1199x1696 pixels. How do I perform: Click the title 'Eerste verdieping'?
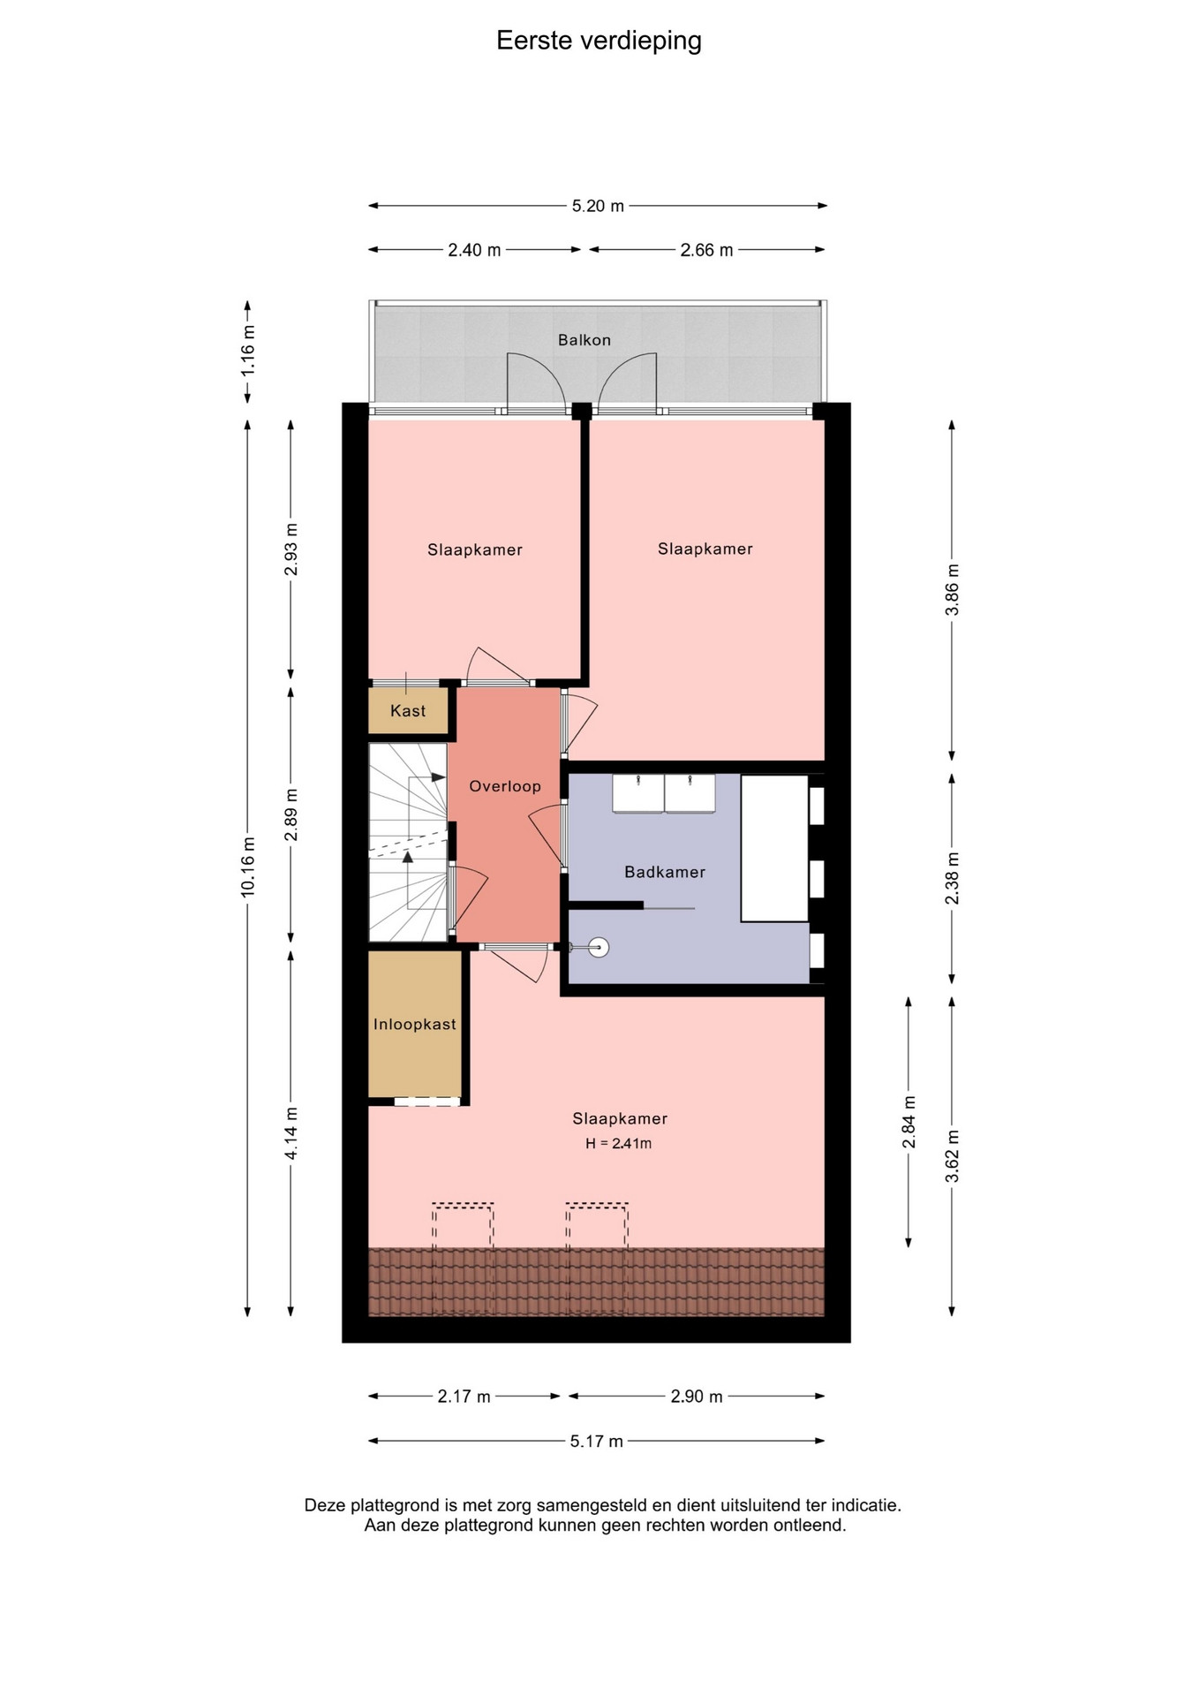[x=599, y=41]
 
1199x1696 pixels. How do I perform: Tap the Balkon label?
[x=584, y=340]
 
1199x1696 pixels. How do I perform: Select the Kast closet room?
[x=409, y=711]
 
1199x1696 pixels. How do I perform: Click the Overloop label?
[x=505, y=786]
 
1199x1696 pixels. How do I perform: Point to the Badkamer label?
[x=665, y=872]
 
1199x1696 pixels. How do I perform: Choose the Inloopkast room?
[x=415, y=1024]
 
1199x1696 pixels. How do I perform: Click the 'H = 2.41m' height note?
[x=619, y=1143]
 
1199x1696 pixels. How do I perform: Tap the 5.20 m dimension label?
[x=598, y=206]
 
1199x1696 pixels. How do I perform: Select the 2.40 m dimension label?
[x=474, y=250]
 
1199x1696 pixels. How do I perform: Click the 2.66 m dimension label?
[x=706, y=250]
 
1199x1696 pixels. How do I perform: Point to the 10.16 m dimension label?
[x=248, y=867]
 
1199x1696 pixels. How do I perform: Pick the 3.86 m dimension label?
[x=952, y=590]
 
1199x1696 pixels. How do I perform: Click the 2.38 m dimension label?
[x=952, y=879]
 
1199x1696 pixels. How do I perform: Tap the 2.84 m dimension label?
[x=909, y=1122]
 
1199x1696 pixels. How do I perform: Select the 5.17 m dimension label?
[x=596, y=1442]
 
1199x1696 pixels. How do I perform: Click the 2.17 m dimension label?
[x=464, y=1397]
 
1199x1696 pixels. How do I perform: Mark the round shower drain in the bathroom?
[x=599, y=948]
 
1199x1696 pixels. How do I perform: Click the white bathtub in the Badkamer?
[x=774, y=848]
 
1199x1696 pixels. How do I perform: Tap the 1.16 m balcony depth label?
[x=248, y=351]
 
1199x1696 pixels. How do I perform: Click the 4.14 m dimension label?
[x=291, y=1133]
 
